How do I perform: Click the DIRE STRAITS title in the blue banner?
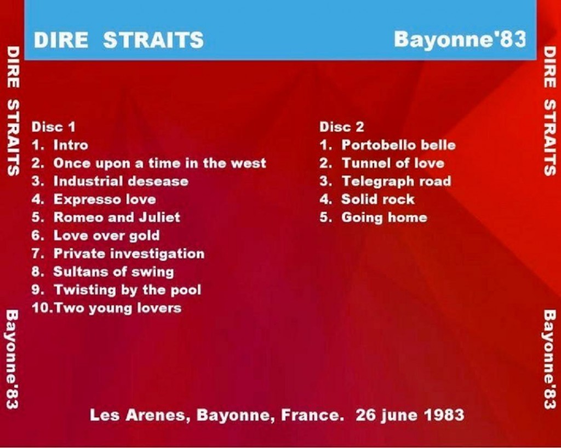[119, 39]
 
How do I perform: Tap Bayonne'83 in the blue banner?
[460, 39]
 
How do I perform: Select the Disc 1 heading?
[54, 127]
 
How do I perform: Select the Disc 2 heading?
[342, 127]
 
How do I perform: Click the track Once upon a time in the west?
[159, 163]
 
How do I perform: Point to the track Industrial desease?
[121, 181]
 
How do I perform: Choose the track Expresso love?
[105, 199]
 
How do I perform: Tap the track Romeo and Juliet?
[117, 217]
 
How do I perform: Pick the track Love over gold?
[107, 236]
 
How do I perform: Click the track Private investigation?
[129, 254]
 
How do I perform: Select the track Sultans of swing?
[114, 272]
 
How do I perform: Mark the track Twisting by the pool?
[127, 290]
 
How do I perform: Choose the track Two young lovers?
[118, 308]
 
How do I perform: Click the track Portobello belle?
[399, 145]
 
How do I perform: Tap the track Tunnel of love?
[393, 163]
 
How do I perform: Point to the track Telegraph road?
[397, 182]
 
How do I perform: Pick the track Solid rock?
[378, 199]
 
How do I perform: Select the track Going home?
[384, 218]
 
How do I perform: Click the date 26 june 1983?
[410, 415]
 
